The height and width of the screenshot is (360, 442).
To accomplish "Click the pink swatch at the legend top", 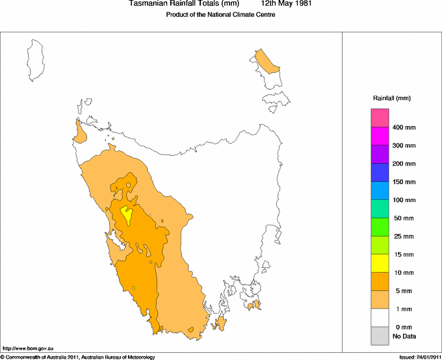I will tap(380, 118).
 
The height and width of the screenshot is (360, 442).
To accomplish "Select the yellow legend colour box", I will tap(380, 263).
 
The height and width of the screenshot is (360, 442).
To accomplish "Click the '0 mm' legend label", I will tap(404, 327).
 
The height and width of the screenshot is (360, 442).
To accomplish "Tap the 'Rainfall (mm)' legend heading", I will tap(391, 98).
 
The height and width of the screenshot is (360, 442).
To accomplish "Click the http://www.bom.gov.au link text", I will tap(26, 349).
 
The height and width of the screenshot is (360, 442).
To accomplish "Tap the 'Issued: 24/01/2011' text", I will tap(420, 357).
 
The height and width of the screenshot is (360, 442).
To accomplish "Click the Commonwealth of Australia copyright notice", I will tap(78, 357).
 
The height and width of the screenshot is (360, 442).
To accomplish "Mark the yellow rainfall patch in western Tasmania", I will tap(127, 214).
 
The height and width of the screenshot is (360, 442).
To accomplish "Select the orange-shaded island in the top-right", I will tap(265, 62).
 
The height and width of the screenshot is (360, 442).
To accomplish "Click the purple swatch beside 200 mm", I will tap(380, 154).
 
